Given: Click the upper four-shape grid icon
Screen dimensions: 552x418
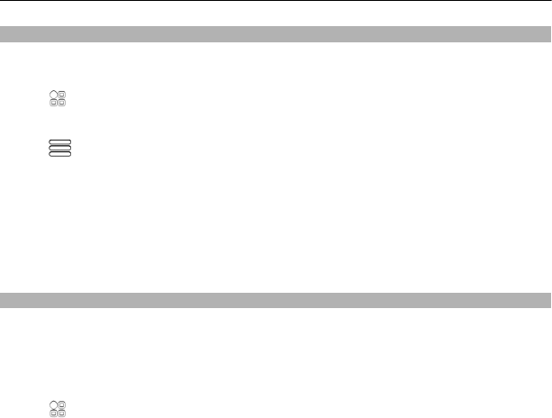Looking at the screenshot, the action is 58,98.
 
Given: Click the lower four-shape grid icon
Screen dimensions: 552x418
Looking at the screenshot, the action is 58,408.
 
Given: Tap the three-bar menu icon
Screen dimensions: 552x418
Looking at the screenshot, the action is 59,148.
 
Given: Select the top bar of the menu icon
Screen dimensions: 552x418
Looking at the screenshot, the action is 59,142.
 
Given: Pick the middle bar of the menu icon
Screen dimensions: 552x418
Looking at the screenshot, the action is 59,148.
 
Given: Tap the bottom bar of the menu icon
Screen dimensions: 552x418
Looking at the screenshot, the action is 59,154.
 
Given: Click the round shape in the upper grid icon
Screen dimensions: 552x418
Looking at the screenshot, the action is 54,94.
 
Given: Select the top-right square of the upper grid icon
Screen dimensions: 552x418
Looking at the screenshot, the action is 62,94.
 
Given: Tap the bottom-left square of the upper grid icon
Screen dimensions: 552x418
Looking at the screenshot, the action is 54,103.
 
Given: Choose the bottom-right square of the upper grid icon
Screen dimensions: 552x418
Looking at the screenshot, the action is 62,103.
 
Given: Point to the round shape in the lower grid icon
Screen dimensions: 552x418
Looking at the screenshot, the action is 54,404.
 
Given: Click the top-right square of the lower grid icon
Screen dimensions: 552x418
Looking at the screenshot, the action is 62,404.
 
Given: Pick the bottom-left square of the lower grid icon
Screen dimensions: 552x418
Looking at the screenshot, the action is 54,413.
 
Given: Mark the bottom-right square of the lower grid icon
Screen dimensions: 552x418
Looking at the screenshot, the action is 62,413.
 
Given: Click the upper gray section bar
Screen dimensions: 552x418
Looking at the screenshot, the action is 276,34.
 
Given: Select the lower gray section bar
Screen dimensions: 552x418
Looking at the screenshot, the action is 276,299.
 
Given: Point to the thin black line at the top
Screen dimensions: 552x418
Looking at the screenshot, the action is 276,1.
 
